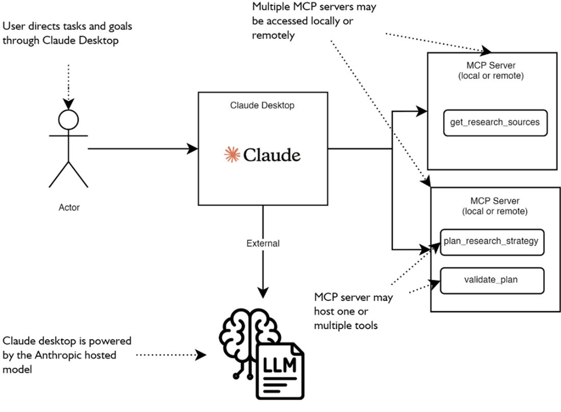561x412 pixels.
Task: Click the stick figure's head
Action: tap(68, 120)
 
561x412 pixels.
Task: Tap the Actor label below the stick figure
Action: tap(69, 208)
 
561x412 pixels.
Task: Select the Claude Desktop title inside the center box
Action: tap(262, 106)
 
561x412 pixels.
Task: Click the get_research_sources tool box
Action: tap(495, 122)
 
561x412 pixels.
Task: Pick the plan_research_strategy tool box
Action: tap(491, 241)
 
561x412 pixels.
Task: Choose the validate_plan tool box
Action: tap(491, 279)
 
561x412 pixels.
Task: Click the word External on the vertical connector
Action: tap(263, 243)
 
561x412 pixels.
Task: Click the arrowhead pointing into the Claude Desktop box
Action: tap(193, 149)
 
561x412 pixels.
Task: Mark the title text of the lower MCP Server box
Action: tap(493, 206)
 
